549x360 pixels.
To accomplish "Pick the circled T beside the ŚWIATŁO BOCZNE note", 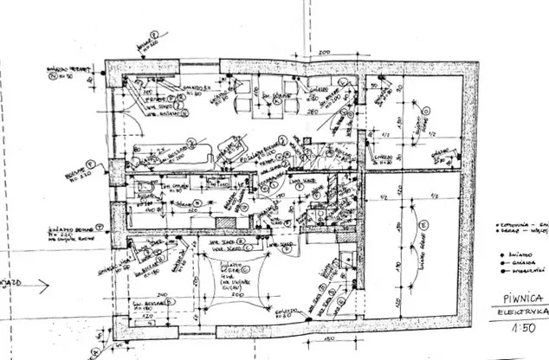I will click(x=100, y=224).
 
